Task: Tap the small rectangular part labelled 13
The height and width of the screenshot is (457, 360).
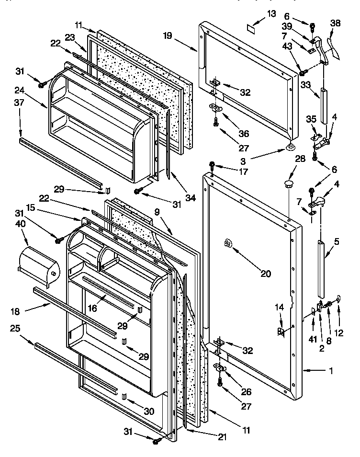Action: (x=249, y=28)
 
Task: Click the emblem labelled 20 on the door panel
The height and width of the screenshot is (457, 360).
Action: (x=227, y=244)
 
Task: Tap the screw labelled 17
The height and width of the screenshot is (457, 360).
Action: (x=212, y=166)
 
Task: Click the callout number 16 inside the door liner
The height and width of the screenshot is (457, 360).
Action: (x=92, y=308)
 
